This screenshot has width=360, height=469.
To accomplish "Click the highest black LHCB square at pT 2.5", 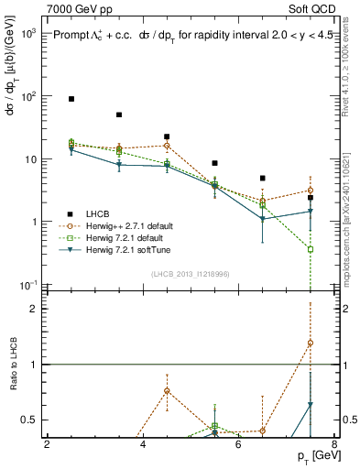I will point(71,98).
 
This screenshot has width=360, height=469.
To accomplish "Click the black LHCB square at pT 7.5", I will point(311,198).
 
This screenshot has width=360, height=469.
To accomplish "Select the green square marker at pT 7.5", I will point(311,249).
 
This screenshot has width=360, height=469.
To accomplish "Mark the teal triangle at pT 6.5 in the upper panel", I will point(263,219).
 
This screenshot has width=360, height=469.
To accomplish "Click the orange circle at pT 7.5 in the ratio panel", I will point(311,343).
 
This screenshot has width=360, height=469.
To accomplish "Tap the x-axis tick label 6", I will point(238,445).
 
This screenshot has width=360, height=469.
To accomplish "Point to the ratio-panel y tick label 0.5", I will point(28,420).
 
